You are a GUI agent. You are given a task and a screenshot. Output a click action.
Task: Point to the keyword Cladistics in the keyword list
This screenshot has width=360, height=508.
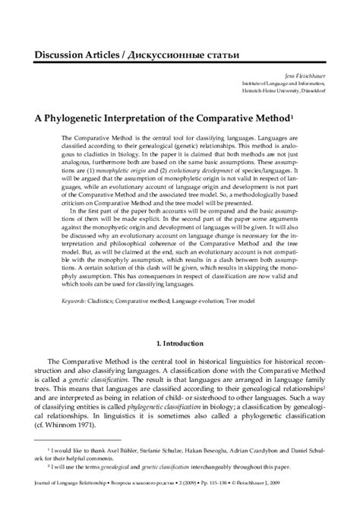click(112, 302)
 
